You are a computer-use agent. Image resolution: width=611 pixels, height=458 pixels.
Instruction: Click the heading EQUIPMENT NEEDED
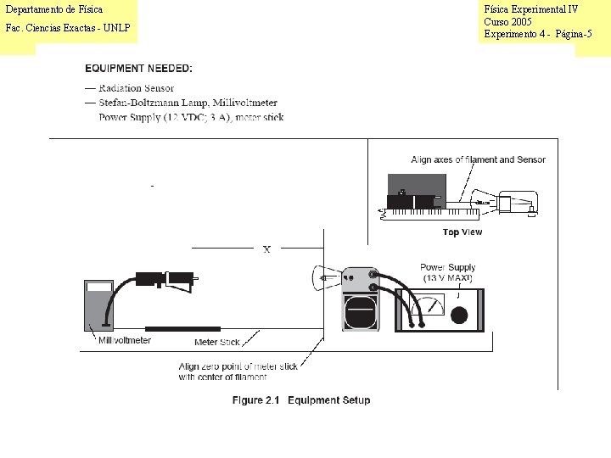138,68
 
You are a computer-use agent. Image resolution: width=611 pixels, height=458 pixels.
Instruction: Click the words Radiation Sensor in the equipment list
136,88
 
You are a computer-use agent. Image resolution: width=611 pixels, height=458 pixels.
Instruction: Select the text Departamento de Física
53,9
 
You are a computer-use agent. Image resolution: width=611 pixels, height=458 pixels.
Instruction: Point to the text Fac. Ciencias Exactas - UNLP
68,28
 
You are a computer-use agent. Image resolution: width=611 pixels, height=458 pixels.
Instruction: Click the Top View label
462,232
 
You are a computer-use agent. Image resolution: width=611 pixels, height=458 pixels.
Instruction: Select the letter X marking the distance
266,249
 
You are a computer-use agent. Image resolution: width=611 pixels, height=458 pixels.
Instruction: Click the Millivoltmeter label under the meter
125,340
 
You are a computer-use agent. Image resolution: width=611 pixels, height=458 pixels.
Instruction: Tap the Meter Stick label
217,342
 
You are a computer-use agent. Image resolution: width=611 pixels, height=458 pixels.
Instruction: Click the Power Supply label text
447,267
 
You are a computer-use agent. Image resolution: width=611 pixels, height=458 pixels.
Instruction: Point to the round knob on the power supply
459,316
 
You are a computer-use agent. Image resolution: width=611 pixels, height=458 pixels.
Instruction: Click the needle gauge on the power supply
433,304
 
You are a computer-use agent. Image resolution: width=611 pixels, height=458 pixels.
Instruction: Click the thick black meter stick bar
182,328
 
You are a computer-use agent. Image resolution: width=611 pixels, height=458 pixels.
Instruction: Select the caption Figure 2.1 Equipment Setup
301,400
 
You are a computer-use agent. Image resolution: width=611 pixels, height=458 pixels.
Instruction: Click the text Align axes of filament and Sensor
478,159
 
